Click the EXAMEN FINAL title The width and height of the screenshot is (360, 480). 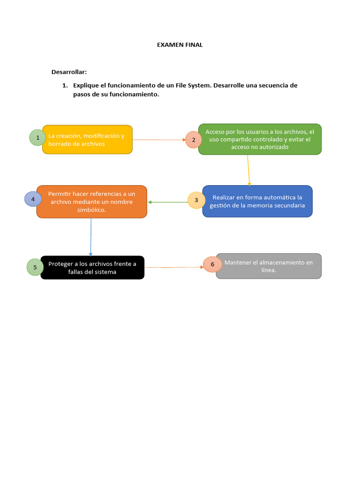tap(180, 45)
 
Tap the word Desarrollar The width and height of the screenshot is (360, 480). tap(69, 72)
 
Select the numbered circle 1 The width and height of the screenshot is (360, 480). tap(37, 137)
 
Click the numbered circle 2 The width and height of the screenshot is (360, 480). tap(194, 140)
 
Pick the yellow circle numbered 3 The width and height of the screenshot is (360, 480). tap(196, 200)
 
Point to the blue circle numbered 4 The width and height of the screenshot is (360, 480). tap(33, 199)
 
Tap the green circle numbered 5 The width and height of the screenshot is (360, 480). tap(35, 267)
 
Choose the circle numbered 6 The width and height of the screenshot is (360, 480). tap(212, 264)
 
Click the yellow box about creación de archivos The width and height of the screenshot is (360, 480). tap(87, 140)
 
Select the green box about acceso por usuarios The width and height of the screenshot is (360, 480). tap(260, 139)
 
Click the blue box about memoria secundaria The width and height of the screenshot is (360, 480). tap(257, 201)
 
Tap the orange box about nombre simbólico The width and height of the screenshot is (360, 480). tap(92, 202)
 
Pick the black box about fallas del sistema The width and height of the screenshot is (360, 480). tap(92, 268)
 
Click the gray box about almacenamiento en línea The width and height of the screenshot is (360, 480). tap(269, 266)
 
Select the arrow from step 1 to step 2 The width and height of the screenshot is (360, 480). tap(159, 140)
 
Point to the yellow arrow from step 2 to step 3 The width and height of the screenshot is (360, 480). tap(248, 170)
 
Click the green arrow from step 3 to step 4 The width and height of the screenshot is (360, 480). tap(168, 202)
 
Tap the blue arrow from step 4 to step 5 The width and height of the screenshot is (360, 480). tap(90, 237)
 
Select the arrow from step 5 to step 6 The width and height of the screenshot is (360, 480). tap(174, 267)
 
